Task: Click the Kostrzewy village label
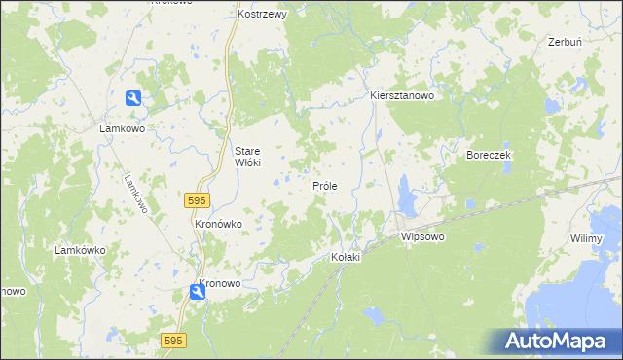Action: pyautogui.click(x=261, y=16)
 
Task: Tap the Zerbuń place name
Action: pyautogui.click(x=565, y=43)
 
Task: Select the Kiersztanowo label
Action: pyautogui.click(x=401, y=96)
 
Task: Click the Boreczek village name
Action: pyautogui.click(x=489, y=156)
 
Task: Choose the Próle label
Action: pyautogui.click(x=324, y=185)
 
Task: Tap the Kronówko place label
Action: pyautogui.click(x=218, y=224)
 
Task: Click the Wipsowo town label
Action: pyautogui.click(x=422, y=236)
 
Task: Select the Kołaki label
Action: pyautogui.click(x=346, y=257)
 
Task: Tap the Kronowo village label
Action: pyautogui.click(x=219, y=284)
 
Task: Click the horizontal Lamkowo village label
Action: pyautogui.click(x=123, y=127)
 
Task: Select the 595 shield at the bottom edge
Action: pyautogui.click(x=173, y=340)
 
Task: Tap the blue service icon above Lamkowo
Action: pyautogui.click(x=133, y=97)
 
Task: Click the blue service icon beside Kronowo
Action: pyautogui.click(x=198, y=291)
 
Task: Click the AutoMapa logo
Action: pyautogui.click(x=558, y=342)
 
